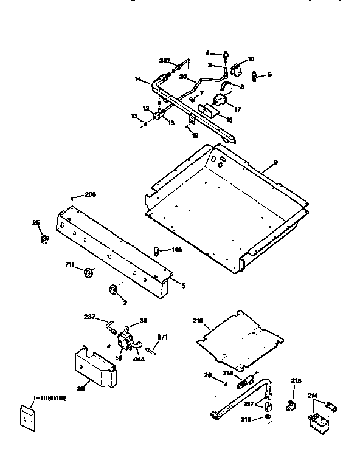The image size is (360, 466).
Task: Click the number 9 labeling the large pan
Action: tap(275, 162)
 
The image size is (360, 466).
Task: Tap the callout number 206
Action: tap(90, 194)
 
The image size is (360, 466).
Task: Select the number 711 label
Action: tap(71, 266)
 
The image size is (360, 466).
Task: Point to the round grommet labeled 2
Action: tap(113, 289)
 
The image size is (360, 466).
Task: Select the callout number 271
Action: tap(162, 337)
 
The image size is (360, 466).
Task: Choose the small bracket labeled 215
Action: tap(291, 403)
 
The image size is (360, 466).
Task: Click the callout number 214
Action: tap(313, 394)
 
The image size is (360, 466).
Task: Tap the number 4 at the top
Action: tap(207, 53)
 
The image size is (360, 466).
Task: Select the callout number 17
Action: tap(237, 109)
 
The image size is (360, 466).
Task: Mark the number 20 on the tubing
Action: tap(183, 77)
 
